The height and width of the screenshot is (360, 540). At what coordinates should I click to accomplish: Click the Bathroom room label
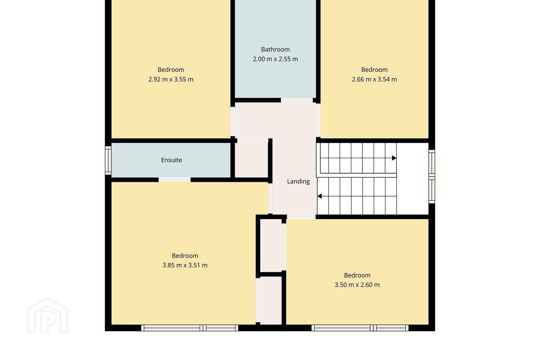coord(275,49)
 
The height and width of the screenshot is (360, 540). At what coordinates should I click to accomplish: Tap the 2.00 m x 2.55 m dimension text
coord(275,59)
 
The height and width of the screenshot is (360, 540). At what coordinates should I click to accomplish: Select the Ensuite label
coord(171,160)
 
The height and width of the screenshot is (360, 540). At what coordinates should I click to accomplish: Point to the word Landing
coord(298,181)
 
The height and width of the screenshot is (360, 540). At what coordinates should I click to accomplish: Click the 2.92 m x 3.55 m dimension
coord(171,79)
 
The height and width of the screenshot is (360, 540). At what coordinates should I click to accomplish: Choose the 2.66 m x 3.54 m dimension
coord(374,79)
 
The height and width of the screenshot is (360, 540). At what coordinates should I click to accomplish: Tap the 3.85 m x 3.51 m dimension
coord(185,265)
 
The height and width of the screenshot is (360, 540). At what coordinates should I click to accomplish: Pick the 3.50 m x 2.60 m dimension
coord(357,285)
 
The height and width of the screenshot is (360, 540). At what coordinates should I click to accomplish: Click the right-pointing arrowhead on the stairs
coord(394,158)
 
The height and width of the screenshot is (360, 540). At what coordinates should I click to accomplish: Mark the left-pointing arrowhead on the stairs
coord(319,196)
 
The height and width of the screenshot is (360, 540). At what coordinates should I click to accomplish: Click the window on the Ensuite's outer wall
coord(108,160)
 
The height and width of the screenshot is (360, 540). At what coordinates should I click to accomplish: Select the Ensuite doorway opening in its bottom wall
coord(174,180)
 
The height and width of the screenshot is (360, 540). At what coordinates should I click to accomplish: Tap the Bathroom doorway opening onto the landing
coord(297,100)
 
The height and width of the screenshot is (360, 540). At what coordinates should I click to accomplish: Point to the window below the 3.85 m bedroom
coord(190,328)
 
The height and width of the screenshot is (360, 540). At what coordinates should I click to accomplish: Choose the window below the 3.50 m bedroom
coord(360,328)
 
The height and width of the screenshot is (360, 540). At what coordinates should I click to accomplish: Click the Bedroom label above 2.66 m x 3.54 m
coord(374,70)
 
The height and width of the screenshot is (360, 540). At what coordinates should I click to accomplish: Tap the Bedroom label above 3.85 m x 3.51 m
coord(185,256)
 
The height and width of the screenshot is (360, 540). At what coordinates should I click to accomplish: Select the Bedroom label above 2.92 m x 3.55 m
coord(171,70)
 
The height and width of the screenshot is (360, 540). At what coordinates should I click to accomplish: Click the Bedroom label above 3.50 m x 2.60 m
coord(357,275)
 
